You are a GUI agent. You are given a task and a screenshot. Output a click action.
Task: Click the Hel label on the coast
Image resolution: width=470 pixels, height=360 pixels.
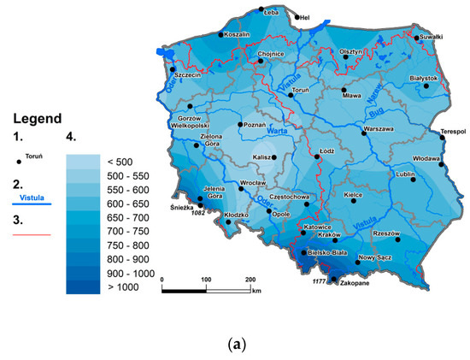303,17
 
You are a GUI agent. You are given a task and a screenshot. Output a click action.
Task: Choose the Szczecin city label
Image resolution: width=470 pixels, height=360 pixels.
186,75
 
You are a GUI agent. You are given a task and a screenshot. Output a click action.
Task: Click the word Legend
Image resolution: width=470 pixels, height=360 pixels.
35,118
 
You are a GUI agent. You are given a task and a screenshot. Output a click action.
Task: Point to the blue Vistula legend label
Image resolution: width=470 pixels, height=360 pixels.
32,196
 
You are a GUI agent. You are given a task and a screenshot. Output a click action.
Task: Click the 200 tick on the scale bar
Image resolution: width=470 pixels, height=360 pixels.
250,280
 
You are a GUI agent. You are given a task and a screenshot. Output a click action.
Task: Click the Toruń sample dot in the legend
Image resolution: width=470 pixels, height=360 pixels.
18,159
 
